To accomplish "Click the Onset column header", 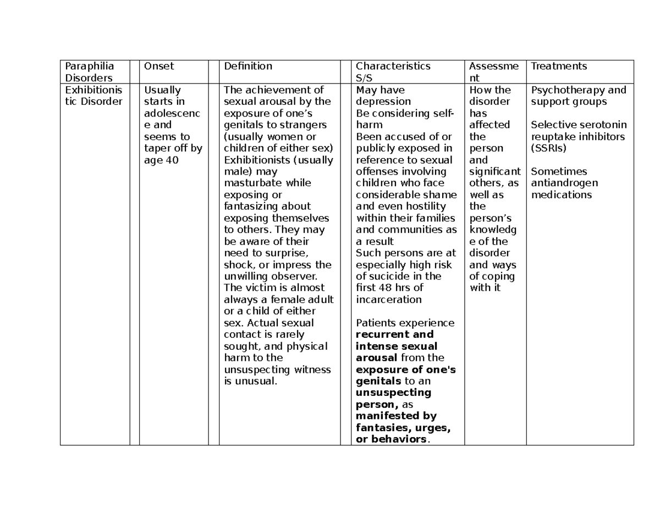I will pyautogui.click(x=158, y=66).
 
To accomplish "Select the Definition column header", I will pyautogui.click(x=248, y=66).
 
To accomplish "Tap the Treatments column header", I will pyautogui.click(x=559, y=66).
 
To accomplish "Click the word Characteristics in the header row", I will pyautogui.click(x=393, y=66).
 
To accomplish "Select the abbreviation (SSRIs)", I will pyautogui.click(x=548, y=148).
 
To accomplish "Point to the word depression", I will pyautogui.click(x=383, y=102).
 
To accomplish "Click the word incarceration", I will pyautogui.click(x=389, y=300).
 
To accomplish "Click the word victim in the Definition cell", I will pyautogui.click(x=256, y=288).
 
